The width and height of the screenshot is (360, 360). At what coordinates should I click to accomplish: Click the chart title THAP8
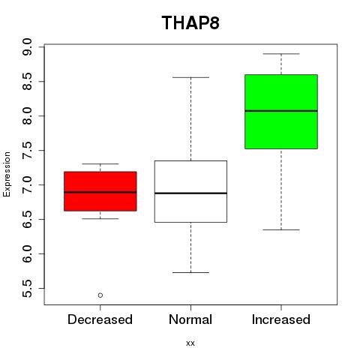pos(190,22)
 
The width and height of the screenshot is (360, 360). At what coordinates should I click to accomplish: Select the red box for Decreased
pos(100,191)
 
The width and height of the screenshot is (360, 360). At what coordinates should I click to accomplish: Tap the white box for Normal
pos(190,191)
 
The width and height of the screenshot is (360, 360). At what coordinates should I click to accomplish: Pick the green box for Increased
pos(281,112)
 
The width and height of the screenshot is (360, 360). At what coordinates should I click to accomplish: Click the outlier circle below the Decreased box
pos(100,295)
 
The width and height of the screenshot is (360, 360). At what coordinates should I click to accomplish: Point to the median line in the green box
pos(281,111)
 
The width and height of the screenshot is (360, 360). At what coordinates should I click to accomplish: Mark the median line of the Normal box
pos(190,193)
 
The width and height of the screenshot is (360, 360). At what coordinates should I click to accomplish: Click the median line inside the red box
pos(100,192)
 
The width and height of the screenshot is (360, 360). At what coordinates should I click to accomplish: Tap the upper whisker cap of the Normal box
pos(190,77)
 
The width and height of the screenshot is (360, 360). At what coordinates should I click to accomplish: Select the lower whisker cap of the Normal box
pos(190,272)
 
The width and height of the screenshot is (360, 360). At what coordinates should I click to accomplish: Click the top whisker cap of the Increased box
pos(281,54)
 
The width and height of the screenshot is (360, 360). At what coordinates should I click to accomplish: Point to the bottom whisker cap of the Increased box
pos(281,229)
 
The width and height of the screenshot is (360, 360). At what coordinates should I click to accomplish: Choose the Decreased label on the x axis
pos(100,319)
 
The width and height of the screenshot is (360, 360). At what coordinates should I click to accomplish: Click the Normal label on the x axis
pos(190,319)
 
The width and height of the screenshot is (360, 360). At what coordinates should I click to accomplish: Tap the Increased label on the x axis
pos(281,319)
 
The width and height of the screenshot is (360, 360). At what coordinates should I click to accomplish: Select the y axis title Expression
pos(7,174)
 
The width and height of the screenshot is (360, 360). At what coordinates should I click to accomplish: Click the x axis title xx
pos(190,343)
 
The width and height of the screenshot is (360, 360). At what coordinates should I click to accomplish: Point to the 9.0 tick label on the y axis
pos(27,47)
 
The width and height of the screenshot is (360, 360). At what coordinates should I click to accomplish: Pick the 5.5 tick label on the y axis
pos(27,288)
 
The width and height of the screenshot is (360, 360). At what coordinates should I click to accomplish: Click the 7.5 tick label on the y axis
pos(27,150)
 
